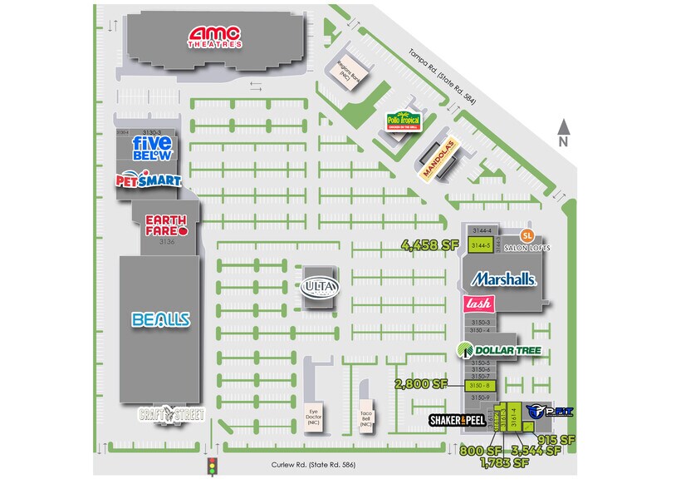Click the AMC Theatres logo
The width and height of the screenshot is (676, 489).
[215, 37]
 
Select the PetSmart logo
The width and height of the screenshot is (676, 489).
[149, 180]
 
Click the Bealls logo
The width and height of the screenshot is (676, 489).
[161, 319]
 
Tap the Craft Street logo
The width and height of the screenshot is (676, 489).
[171, 414]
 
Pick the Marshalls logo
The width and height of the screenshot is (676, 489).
[503, 279]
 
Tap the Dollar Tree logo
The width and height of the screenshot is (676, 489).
[500, 351]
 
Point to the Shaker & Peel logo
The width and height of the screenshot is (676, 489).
[457, 421]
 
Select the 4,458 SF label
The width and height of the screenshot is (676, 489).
[429, 245]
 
